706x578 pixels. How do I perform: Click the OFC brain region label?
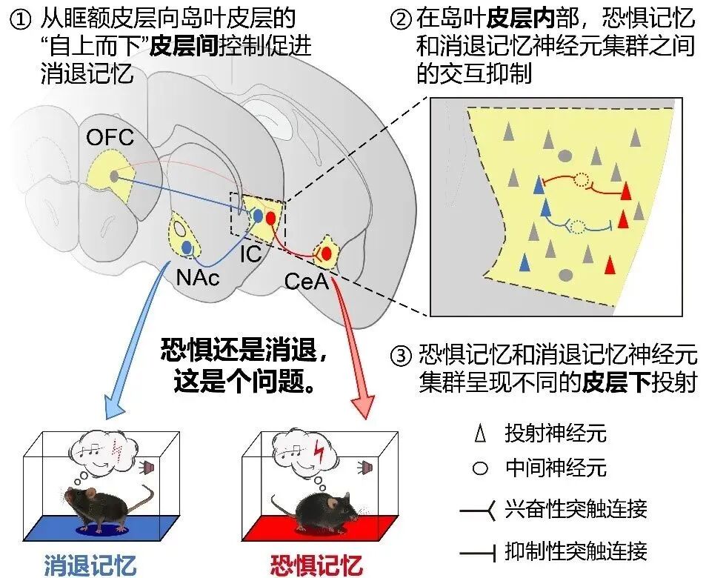tap(110, 137)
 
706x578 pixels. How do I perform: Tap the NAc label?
tap(198, 277)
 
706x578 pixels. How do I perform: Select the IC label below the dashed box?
tap(251, 254)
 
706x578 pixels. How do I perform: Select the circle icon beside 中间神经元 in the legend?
tap(480, 468)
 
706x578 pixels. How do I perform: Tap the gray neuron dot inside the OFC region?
tap(113, 176)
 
